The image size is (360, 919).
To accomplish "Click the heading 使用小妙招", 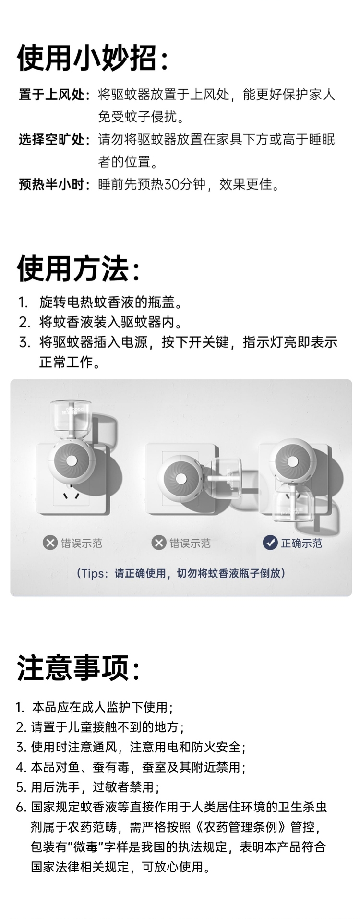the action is pos(87,59).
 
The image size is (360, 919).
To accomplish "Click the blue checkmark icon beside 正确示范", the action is pos(270,543).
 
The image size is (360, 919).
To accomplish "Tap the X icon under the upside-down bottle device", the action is pos(50,543).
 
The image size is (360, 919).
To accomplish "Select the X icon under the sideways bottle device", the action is pos(158,543).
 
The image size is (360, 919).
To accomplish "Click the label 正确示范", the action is pos(301,543).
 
